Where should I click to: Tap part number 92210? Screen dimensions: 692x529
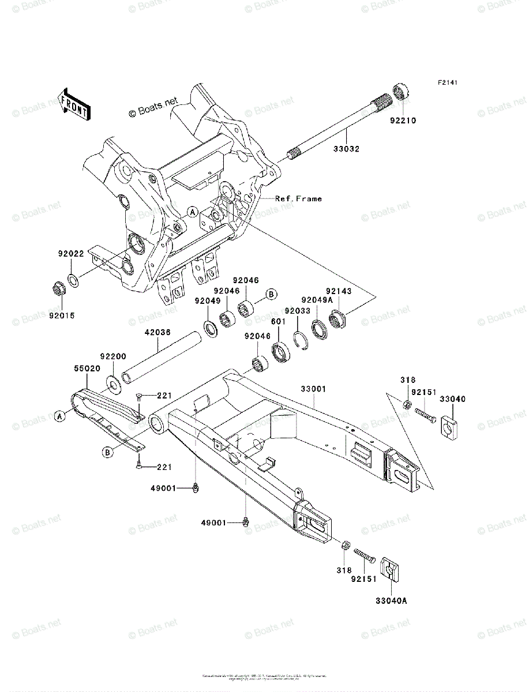point(402,121)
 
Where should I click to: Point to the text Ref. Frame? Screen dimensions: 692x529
point(298,199)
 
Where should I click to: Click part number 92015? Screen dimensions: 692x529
point(62,315)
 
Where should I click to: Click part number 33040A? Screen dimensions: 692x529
point(392,601)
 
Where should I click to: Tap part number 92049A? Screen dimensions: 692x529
point(316,299)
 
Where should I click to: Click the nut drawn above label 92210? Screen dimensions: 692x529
point(401,93)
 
